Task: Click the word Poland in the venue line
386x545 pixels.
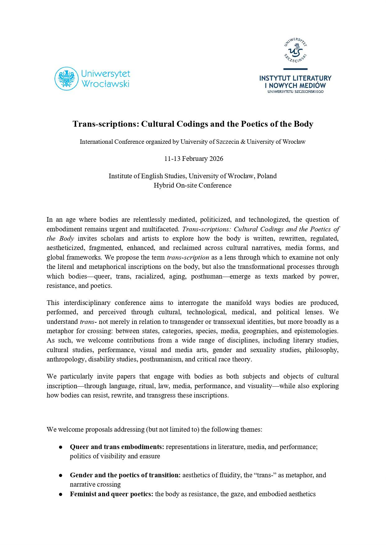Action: pyautogui.click(x=267, y=176)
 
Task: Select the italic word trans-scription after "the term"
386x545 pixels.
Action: pyautogui.click(x=188, y=257)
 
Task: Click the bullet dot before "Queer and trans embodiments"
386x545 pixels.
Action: pyautogui.click(x=61, y=447)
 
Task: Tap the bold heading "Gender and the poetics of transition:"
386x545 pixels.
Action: pyautogui.click(x=125, y=475)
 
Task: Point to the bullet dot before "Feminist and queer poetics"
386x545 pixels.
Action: pyautogui.click(x=61, y=494)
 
